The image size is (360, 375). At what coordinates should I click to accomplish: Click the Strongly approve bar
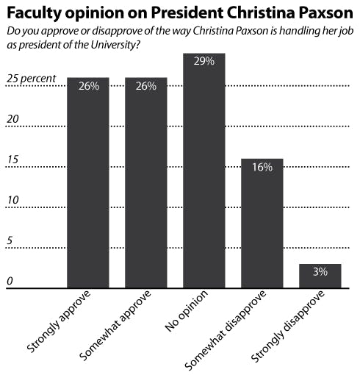click(x=88, y=184)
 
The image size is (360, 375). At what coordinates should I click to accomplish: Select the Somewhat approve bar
click(x=145, y=184)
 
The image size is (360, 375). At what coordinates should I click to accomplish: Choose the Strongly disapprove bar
click(x=320, y=276)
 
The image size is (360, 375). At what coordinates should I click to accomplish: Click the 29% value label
click(x=204, y=62)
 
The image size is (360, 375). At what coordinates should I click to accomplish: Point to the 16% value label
click(x=262, y=168)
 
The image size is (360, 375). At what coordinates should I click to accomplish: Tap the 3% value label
click(x=320, y=272)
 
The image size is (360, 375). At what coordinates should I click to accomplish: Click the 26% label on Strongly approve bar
click(x=88, y=86)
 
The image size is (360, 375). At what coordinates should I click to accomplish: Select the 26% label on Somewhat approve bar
click(x=145, y=86)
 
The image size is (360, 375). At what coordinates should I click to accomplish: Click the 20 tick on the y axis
click(x=12, y=120)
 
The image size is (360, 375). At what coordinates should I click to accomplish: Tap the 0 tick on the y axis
click(x=10, y=281)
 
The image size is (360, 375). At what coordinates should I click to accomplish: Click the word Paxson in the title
click(x=317, y=12)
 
